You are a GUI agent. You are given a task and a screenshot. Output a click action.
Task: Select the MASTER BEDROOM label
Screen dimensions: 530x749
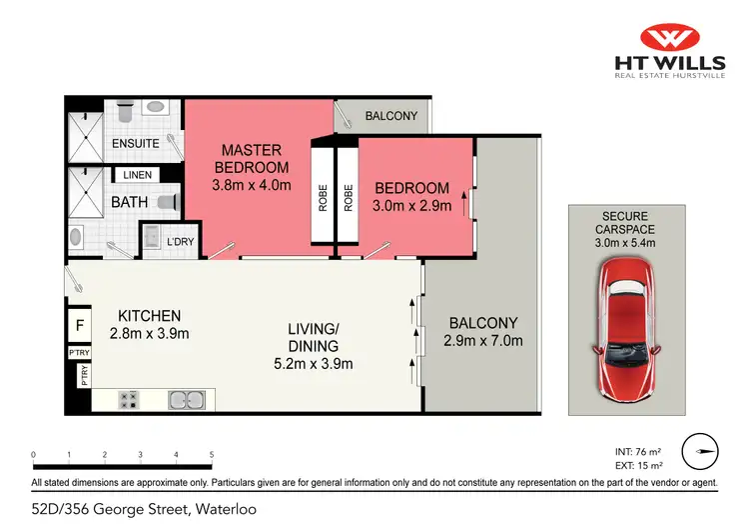click(x=255, y=159)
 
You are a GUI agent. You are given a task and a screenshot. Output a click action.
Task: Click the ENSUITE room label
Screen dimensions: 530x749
click(x=135, y=144)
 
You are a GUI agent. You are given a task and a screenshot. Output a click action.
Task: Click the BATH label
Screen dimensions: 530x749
click(x=129, y=202)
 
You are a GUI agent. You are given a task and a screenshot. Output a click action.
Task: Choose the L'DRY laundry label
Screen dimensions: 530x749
click(x=180, y=241)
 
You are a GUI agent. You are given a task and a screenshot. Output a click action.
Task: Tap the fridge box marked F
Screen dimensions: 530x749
click(x=79, y=326)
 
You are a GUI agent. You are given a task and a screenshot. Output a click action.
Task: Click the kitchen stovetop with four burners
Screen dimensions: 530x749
click(x=129, y=400)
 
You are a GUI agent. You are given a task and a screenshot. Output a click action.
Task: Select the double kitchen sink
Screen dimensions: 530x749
click(x=187, y=400)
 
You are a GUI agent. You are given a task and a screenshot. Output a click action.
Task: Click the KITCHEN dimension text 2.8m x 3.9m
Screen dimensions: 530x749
click(x=149, y=334)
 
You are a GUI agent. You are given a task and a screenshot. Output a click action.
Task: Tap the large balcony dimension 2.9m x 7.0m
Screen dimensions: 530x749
click(x=482, y=341)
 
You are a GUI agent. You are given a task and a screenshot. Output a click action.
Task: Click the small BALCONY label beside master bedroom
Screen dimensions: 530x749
click(x=390, y=116)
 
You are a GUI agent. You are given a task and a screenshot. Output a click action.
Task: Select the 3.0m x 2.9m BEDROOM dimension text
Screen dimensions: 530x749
click(x=412, y=206)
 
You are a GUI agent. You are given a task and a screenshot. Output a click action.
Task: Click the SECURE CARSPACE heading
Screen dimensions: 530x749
click(x=625, y=223)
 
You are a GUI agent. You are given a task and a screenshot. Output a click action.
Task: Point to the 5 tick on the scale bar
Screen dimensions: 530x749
click(x=212, y=455)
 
